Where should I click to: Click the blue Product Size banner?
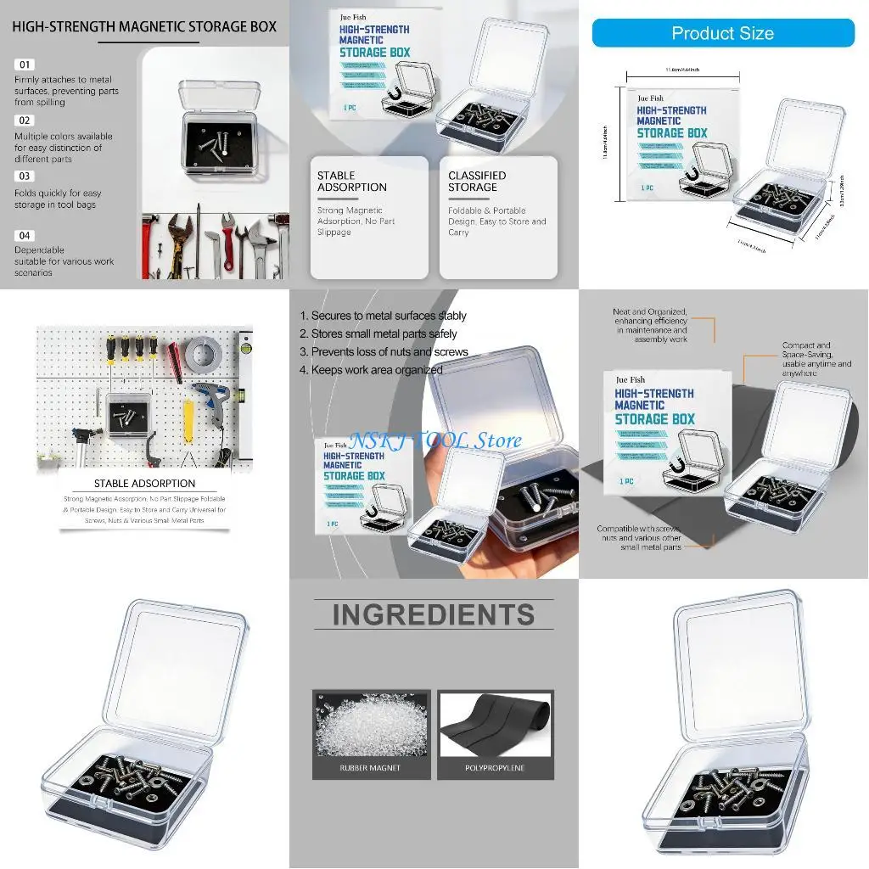click(x=722, y=33)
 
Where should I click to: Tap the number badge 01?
click(x=25, y=64)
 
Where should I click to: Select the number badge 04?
click(x=25, y=235)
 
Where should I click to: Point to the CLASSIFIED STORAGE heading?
click(x=477, y=182)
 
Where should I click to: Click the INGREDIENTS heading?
click(x=433, y=614)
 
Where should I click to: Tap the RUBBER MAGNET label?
click(x=370, y=768)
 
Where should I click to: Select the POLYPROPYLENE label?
click(x=495, y=768)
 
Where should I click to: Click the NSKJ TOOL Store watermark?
click(x=435, y=440)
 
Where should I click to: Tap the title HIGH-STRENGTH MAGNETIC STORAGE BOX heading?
click(x=144, y=26)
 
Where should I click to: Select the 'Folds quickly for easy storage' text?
click(x=57, y=199)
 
